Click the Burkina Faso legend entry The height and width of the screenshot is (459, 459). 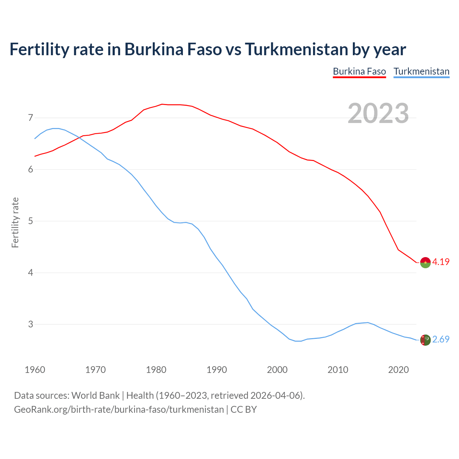pos(359,71)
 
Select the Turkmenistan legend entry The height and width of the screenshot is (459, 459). pos(421,71)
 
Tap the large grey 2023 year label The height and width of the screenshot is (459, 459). pos(378,113)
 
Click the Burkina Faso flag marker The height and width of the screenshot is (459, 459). pos(425,262)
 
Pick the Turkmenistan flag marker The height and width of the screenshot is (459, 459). pos(425,340)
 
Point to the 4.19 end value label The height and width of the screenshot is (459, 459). pos(441,262)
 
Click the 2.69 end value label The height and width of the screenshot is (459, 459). pos(441,339)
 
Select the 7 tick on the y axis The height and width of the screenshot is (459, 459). pos(30,118)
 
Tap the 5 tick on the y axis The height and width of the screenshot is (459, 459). pos(30,221)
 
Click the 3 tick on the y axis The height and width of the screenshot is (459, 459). pos(30,324)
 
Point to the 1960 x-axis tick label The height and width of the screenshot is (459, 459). pos(35,370)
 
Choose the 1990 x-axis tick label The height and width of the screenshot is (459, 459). pos(217,370)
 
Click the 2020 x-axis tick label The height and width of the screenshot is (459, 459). pos(398,370)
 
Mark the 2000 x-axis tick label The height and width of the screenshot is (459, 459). pos(277,370)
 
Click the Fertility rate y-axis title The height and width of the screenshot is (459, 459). pos(15,222)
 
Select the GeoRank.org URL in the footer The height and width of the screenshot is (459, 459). pos(119,410)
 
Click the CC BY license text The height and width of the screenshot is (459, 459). pos(243,410)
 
